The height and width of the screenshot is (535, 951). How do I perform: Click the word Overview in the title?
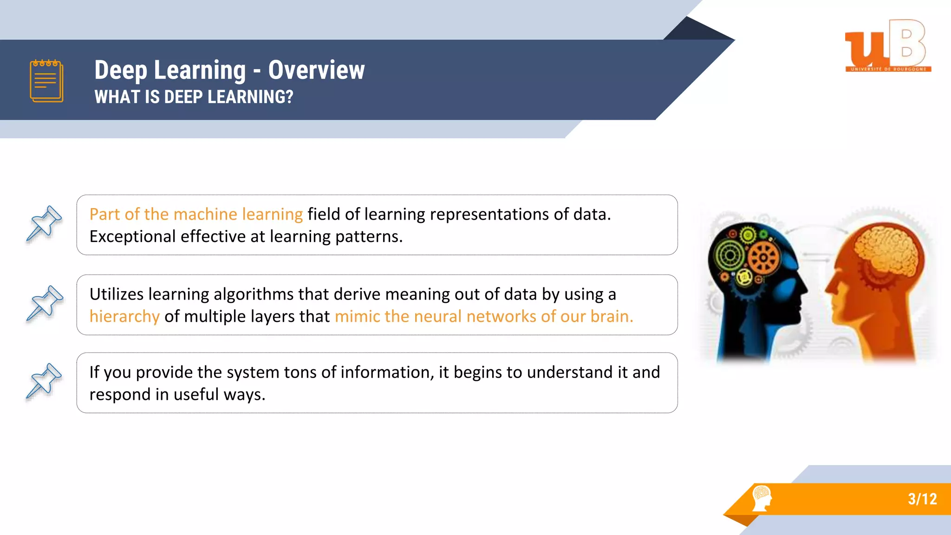click(316, 70)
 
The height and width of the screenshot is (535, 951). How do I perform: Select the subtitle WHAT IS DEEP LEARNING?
click(194, 97)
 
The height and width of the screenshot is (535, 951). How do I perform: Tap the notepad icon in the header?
click(46, 81)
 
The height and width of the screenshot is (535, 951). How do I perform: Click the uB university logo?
click(887, 46)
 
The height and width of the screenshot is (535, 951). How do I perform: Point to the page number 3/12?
click(922, 499)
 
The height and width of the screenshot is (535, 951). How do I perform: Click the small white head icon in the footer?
click(762, 498)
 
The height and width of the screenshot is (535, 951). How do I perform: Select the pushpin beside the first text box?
click(44, 224)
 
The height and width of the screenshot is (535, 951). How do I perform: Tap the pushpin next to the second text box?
click(44, 304)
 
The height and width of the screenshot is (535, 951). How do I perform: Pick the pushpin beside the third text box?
click(44, 382)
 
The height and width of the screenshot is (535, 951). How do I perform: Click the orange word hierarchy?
click(124, 317)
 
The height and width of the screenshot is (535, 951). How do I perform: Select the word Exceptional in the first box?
click(132, 237)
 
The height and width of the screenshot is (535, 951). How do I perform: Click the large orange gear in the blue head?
click(763, 258)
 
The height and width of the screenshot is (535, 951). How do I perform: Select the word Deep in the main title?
click(121, 70)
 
